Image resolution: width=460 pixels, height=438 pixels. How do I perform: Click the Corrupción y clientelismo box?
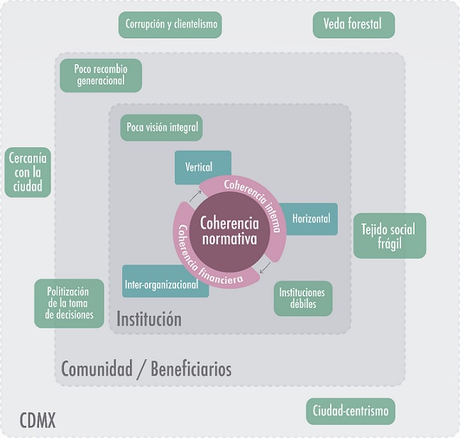coord(170,25)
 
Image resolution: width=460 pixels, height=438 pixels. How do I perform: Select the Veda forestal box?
coord(353,25)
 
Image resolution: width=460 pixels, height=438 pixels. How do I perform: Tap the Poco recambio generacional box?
coord(99,75)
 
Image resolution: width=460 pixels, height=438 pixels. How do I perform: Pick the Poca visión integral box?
coord(161,128)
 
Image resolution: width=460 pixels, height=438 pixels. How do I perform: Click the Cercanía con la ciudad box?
coord(28,173)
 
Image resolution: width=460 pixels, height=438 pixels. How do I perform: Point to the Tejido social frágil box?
coord(389,236)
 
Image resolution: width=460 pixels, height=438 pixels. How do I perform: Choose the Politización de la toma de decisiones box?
coord(70,304)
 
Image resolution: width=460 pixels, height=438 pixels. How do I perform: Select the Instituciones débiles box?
coord(302,299)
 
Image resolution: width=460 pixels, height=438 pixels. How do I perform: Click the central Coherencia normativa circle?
coord(229,230)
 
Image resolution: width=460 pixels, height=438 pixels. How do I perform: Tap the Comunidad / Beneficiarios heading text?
coord(146,369)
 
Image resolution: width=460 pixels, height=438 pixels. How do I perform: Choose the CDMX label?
coord(38,420)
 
